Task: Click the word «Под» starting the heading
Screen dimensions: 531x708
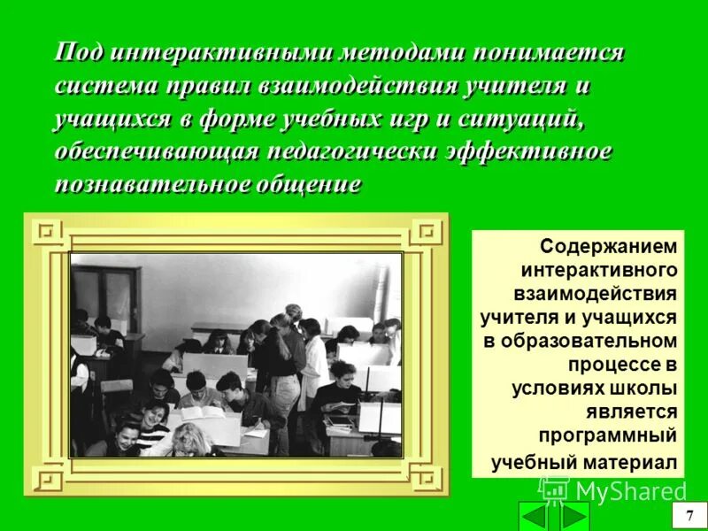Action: tap(77, 53)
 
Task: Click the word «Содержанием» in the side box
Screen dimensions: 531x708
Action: tap(609, 246)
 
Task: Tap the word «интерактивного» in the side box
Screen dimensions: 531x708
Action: tap(599, 270)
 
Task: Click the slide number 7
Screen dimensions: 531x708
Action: tap(685, 516)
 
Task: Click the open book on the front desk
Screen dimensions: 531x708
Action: tap(204, 413)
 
